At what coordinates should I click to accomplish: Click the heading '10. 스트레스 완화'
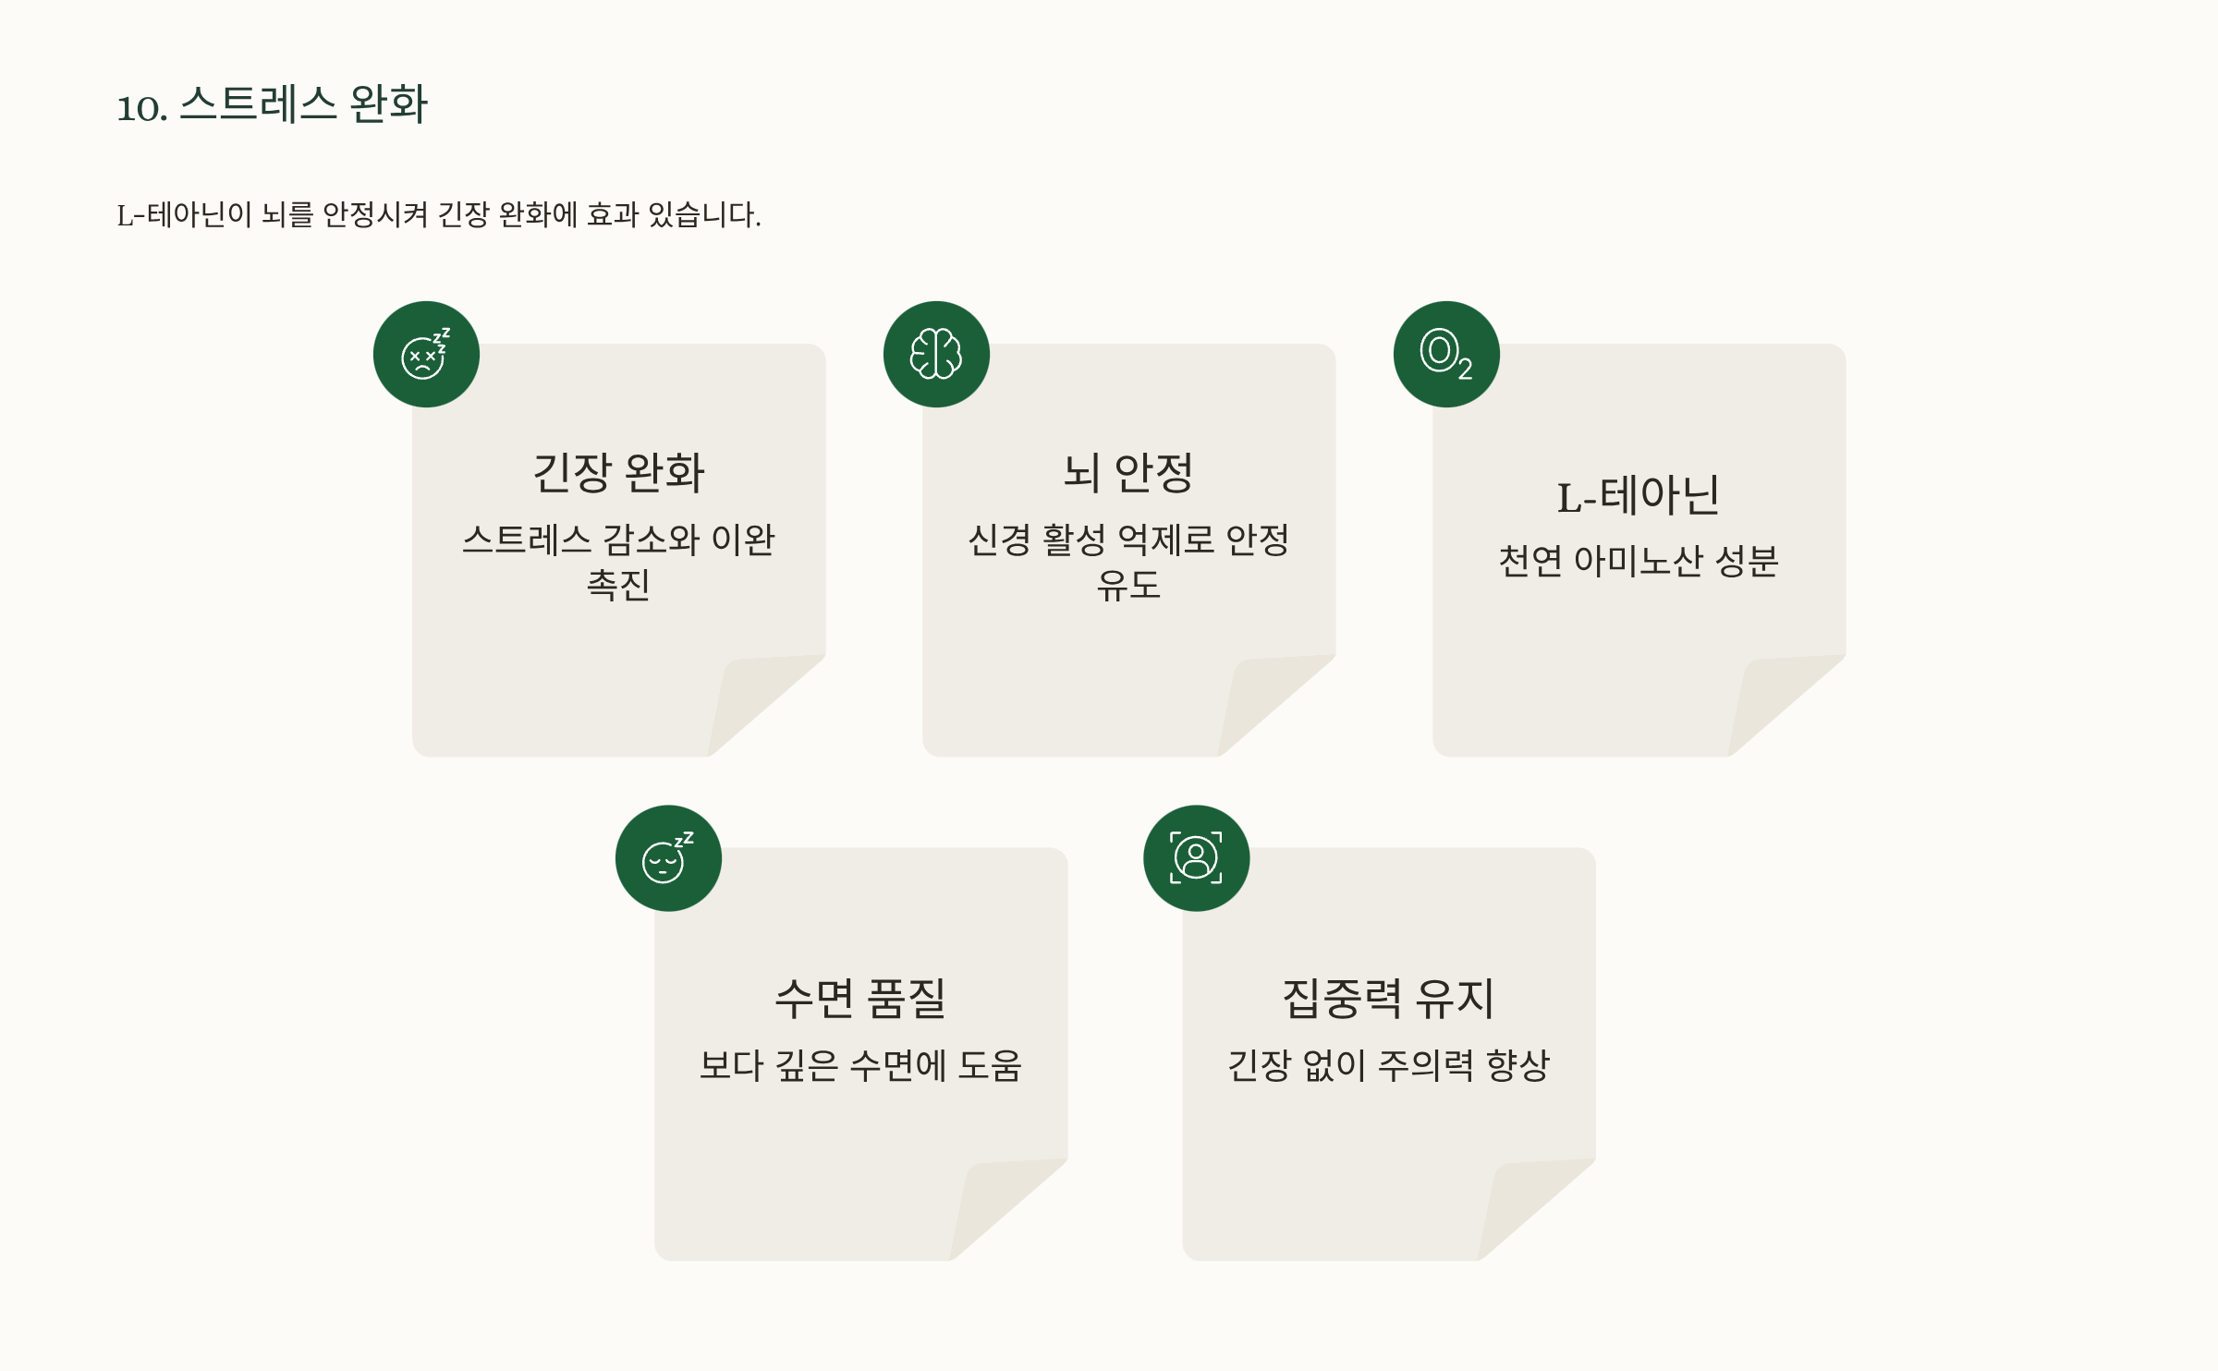(x=272, y=104)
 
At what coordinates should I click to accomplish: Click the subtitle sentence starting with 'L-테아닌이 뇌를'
(x=438, y=214)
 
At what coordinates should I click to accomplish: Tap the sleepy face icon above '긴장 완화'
(x=426, y=355)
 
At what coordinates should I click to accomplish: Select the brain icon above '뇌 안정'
(x=936, y=355)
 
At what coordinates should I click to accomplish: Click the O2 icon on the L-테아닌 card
(x=1446, y=355)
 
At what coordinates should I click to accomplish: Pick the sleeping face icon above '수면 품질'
(x=668, y=858)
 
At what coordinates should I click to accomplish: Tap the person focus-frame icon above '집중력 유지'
(x=1196, y=858)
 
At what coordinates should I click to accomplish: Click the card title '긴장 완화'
(x=618, y=473)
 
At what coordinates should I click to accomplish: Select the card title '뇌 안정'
(x=1128, y=473)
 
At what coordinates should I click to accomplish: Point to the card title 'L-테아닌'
(x=1639, y=495)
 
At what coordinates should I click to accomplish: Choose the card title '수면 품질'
(x=860, y=999)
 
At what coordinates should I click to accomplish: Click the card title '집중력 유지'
(x=1388, y=999)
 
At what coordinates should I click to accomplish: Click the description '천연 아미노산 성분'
(x=1639, y=561)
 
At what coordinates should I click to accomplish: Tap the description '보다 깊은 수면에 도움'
(x=860, y=1065)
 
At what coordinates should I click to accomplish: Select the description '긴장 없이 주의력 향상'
(x=1388, y=1065)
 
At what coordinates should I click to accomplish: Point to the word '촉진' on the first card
(x=618, y=584)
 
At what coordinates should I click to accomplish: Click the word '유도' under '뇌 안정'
(x=1128, y=584)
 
